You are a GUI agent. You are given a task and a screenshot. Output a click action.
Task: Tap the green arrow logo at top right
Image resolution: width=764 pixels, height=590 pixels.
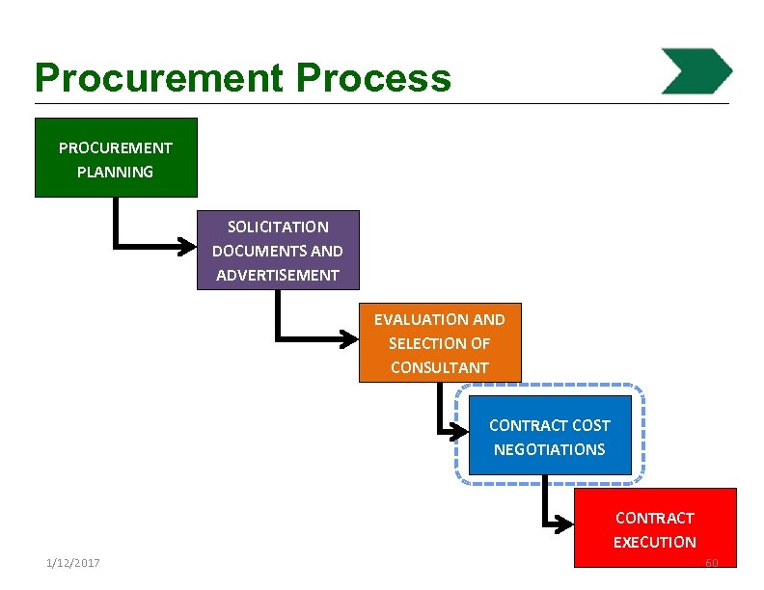[x=696, y=70]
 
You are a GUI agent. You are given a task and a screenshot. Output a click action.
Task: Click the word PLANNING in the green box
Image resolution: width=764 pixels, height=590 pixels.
[x=116, y=173]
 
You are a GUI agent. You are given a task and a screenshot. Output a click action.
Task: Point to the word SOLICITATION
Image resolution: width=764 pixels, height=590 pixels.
[x=278, y=228]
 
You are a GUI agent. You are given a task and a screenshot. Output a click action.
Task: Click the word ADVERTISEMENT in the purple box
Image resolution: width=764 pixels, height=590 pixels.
[x=278, y=276]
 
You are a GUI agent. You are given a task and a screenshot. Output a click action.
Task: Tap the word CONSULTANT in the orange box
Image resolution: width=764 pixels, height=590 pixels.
[x=440, y=367]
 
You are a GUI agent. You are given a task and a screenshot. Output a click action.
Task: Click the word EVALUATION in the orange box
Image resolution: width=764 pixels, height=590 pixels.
[x=412, y=319]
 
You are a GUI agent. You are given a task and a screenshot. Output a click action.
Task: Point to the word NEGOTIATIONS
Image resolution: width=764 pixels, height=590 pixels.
[x=550, y=449]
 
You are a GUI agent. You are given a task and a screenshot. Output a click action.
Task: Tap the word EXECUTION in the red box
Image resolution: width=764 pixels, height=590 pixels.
[x=655, y=542]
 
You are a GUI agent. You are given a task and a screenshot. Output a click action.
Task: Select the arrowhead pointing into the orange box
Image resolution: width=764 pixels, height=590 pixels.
[x=350, y=338]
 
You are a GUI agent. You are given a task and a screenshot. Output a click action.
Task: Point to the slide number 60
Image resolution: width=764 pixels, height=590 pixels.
[x=712, y=563]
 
